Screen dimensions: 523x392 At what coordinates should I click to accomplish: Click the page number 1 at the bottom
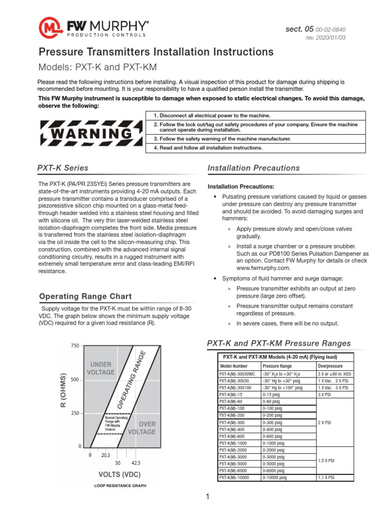[208, 496]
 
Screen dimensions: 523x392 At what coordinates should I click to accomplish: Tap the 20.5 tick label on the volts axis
[106, 455]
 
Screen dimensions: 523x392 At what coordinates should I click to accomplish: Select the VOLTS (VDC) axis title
[119, 474]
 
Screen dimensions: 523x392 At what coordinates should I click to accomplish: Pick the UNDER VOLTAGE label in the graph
[101, 368]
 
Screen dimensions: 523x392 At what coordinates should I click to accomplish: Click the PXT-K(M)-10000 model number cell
[234, 478]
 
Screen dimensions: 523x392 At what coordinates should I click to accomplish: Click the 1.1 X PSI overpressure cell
[326, 478]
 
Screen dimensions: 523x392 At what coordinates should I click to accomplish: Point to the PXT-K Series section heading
[63, 168]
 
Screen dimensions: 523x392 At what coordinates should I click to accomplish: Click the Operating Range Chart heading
[85, 296]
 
